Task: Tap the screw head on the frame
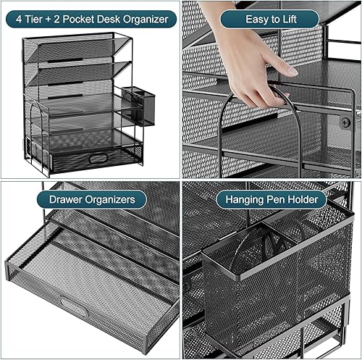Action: [345, 123]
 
